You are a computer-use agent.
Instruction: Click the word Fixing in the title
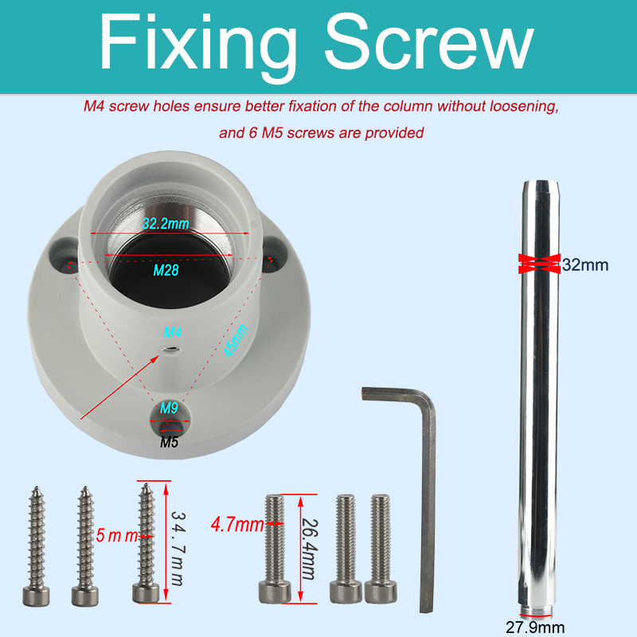[197, 47]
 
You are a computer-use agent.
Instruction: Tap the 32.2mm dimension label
[166, 223]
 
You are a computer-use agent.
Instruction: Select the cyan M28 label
[166, 270]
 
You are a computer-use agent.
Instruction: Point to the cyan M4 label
[172, 332]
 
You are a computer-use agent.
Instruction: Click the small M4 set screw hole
[170, 350]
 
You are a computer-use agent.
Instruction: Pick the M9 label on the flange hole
[169, 408]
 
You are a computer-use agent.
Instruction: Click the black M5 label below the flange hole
[169, 442]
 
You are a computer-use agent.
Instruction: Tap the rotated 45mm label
[236, 341]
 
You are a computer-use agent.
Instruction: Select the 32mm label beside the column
[585, 265]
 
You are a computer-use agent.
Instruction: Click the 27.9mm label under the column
[535, 627]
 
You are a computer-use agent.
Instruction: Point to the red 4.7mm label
[237, 525]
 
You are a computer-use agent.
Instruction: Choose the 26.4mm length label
[310, 549]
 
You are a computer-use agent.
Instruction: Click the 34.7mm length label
[178, 548]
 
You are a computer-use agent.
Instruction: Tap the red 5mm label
[117, 536]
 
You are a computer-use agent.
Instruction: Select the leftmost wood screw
[37, 546]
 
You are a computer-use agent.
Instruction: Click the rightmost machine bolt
[381, 549]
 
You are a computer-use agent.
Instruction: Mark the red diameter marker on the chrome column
[540, 264]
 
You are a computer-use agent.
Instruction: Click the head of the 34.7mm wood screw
[146, 593]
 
